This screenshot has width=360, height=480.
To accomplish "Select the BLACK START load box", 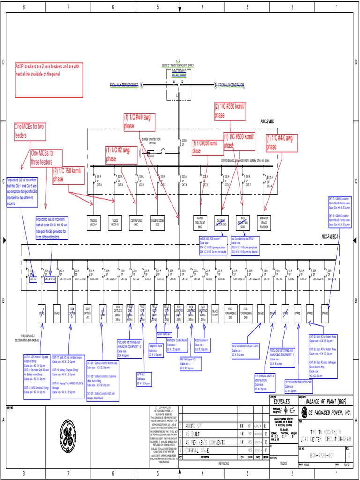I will pos(215,311).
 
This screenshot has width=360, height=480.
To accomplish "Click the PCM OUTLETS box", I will pos(118,311).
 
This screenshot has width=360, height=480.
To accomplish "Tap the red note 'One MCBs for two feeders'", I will pos(30,131).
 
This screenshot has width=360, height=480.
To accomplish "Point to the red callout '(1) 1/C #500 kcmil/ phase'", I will pos(239,141).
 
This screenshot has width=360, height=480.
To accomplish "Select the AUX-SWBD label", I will pos(267,121).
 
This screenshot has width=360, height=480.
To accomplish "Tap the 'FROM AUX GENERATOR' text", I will pos(231,85).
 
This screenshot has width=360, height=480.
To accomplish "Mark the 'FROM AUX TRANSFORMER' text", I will pos(124,85).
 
